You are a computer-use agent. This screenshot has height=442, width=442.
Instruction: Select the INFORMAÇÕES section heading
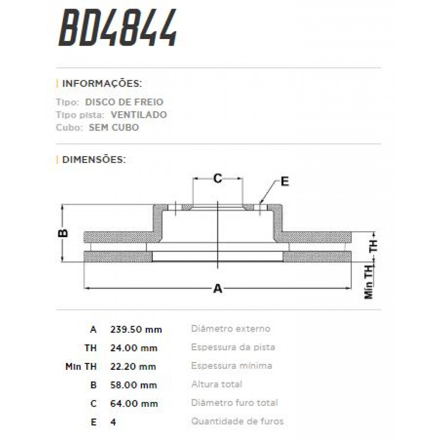click(102, 83)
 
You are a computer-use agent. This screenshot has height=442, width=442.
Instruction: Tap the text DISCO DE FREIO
click(124, 102)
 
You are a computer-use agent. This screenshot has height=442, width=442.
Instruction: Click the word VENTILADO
click(138, 115)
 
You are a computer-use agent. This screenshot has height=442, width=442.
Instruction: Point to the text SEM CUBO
click(114, 127)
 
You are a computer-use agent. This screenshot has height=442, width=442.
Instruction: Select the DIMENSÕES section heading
click(94, 159)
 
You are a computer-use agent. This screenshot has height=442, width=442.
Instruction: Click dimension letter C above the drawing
click(218, 179)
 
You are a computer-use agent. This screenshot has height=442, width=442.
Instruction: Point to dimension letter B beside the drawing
click(63, 233)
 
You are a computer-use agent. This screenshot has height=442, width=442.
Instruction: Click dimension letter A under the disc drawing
click(218, 288)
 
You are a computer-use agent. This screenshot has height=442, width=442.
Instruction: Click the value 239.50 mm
click(136, 329)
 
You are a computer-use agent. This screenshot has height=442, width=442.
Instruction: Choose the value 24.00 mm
click(134, 348)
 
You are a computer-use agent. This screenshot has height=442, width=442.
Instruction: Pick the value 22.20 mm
click(133, 366)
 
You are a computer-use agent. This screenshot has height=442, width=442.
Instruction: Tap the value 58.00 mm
click(133, 385)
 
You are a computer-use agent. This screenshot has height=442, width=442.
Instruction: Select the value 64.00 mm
click(134, 404)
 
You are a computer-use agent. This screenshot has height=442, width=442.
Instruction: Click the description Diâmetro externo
click(231, 329)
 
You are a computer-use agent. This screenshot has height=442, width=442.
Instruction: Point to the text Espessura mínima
click(232, 366)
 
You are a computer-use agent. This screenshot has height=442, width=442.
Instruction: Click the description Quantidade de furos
click(237, 421)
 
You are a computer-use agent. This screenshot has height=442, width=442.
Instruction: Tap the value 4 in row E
click(113, 422)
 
